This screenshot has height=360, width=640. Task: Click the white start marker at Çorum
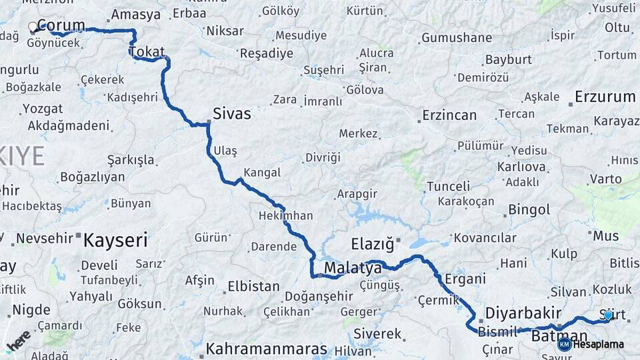tap(33, 27)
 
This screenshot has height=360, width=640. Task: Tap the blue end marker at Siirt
tap(608, 315)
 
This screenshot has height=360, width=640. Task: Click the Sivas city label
tap(232, 113)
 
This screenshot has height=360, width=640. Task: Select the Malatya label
tap(353, 268)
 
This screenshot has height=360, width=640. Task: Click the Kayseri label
tap(115, 240)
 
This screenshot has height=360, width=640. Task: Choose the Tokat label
tap(147, 51)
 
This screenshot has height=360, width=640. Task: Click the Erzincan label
tap(449, 115)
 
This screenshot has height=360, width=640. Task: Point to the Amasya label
tap(136, 15)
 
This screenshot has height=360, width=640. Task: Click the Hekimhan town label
tap(286, 216)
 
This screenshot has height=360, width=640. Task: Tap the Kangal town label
tap(262, 173)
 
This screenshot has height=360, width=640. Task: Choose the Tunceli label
tap(448, 186)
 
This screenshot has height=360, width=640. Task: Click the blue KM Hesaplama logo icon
tap(565, 344)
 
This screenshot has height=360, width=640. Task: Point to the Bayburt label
tap(508, 59)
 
